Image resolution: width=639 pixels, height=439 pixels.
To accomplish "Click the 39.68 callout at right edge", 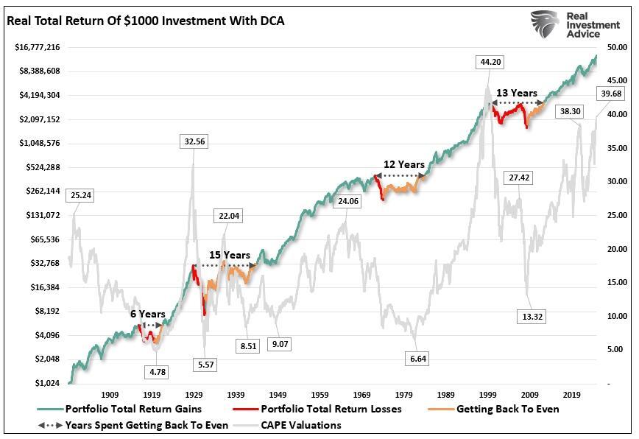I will tap(611, 94).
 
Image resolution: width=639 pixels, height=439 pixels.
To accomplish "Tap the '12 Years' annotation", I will tap(404, 164).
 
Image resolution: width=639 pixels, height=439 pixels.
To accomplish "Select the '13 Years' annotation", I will tap(516, 93).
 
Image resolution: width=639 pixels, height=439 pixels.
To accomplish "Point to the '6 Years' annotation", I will tap(148, 314).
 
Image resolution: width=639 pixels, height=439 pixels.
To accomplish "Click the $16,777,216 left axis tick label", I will tap(38, 47).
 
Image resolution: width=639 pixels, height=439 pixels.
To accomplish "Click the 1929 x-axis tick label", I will tap(194, 395).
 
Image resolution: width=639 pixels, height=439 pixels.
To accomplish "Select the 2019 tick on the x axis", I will tap(570, 395).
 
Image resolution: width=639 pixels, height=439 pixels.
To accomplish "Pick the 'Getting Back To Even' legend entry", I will tap(507, 409).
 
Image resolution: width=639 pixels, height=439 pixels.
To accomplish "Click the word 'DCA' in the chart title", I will tap(270, 21).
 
